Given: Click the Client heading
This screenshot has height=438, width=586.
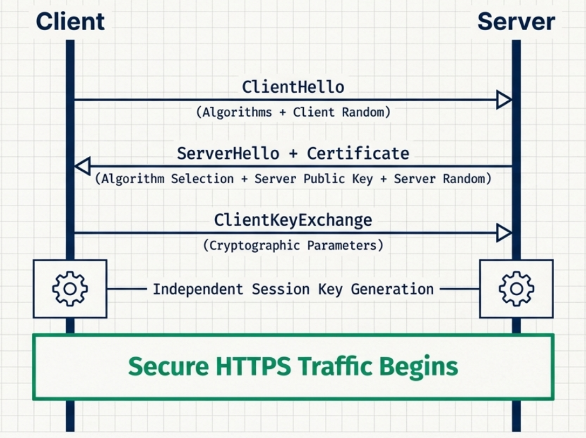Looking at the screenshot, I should tap(70, 21).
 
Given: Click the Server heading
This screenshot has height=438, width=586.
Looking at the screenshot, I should tap(516, 21).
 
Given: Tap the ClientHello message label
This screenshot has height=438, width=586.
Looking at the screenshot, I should tap(293, 87).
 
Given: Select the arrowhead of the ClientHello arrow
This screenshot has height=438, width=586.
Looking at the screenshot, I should tap(504, 100).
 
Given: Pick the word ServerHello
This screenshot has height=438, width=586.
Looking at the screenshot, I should tap(228, 154).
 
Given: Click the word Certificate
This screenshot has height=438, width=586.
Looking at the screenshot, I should tap(358, 154).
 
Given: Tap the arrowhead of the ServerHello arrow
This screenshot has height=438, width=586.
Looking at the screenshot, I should tap(82, 166).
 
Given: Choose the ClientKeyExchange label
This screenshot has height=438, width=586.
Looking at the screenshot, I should tap(293, 220).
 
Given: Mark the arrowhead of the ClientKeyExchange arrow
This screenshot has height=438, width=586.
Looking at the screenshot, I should tap(504, 233).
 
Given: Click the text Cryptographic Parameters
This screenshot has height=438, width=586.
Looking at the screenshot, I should tap(293, 246).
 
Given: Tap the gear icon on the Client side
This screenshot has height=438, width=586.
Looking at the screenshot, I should tap(70, 289).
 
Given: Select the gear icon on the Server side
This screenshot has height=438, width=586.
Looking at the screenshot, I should tap(516, 289).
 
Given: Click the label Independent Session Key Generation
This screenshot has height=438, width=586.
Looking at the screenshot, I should tap(293, 289).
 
